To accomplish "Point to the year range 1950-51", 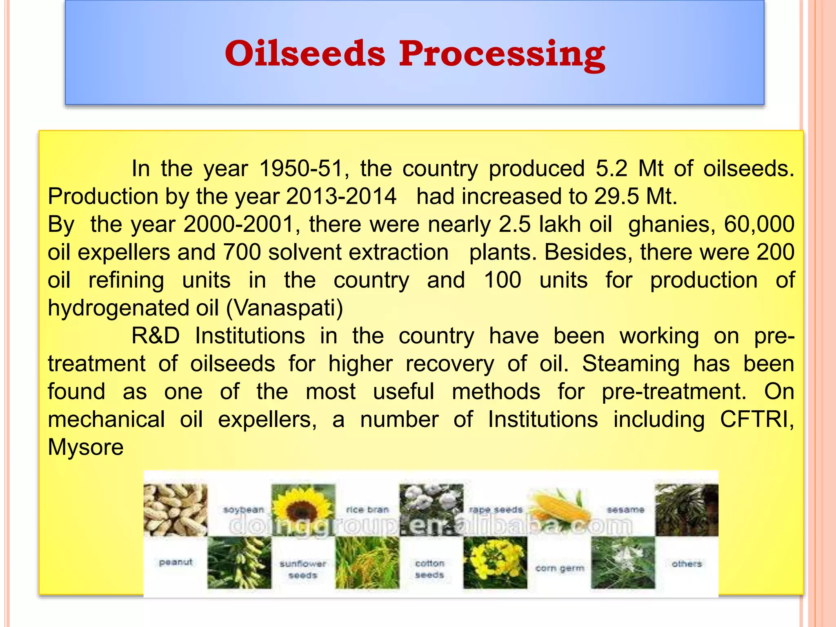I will [301, 169].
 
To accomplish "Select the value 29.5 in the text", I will [616, 196].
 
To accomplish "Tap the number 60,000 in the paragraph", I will [759, 224].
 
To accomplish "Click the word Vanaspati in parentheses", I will [285, 308].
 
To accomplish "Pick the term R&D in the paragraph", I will [156, 336].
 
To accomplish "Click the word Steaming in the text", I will [630, 364].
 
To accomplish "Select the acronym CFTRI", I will [755, 419].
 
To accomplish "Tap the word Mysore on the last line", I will [85, 447].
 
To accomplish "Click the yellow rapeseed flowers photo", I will [495, 563].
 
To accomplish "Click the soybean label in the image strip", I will [243, 510].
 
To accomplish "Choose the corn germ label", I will [559, 568].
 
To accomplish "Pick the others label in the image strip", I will [687, 564].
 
